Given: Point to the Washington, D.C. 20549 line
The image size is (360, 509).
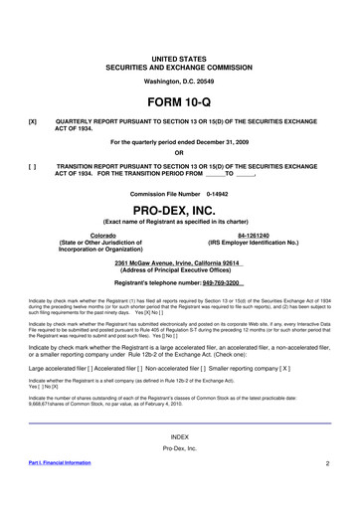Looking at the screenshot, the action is coord(179,51).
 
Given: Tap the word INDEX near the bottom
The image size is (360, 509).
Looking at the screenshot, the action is coord(179,437).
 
